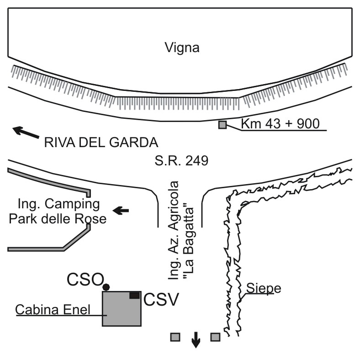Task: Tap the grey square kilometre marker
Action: pyautogui.click(x=222, y=125)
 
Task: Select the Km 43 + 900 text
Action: pyautogui.click(x=279, y=123)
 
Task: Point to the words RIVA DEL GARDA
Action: pyautogui.click(x=101, y=143)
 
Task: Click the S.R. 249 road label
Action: pyautogui.click(x=181, y=160)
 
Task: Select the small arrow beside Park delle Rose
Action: pyautogui.click(x=121, y=210)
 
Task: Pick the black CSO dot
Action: pyautogui.click(x=106, y=287)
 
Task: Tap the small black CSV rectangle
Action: pyautogui.click(x=134, y=296)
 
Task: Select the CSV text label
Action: pyautogui.click(x=160, y=300)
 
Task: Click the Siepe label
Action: pyautogui.click(x=263, y=288)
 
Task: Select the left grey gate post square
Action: pyautogui.click(x=175, y=337)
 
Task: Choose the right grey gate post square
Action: pyautogui.click(x=215, y=337)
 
